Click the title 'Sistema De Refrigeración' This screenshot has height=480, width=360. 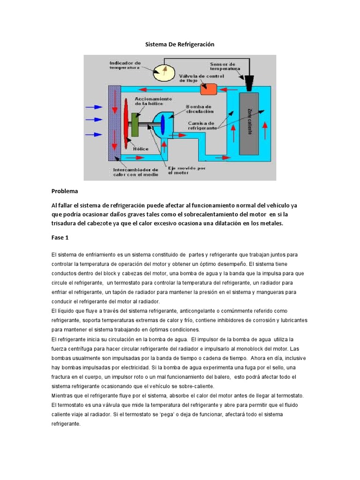(180, 44)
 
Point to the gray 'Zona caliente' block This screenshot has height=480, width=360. (248, 123)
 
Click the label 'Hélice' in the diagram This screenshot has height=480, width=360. (141, 149)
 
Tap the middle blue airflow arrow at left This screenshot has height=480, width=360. (94, 119)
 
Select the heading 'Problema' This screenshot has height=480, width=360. (65, 191)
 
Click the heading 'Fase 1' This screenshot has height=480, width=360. (60, 238)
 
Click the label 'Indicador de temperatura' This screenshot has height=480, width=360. (125, 65)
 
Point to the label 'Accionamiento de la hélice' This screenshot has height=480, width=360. (153, 101)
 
